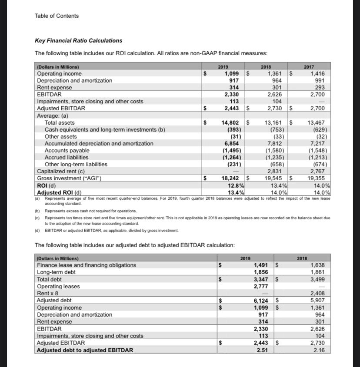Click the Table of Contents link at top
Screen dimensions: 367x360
(57, 16)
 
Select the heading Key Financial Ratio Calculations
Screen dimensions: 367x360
(78, 41)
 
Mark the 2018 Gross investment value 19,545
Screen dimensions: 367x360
(274, 178)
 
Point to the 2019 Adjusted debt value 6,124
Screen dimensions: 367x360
(262, 301)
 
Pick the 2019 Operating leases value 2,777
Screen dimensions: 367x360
(262, 286)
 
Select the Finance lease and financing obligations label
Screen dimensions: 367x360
(87, 265)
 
